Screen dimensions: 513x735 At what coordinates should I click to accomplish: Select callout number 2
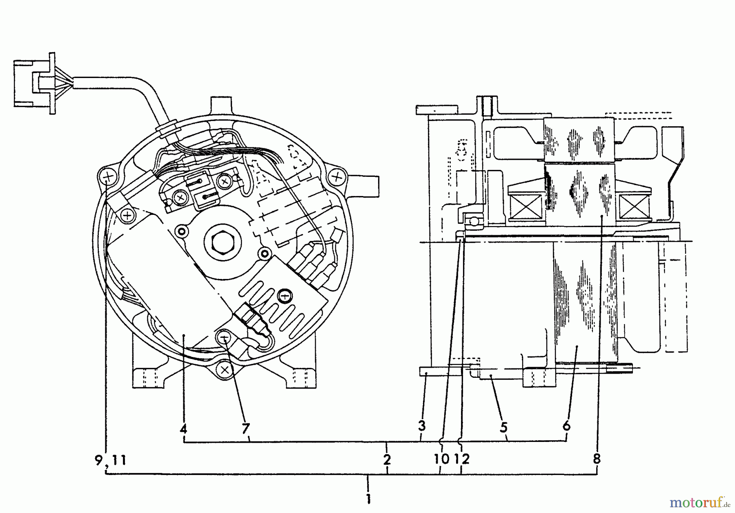387,459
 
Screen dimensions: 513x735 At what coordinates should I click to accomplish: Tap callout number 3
422,426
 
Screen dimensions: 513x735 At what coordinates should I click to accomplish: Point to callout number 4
183,429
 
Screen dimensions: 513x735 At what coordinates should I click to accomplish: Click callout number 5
503,427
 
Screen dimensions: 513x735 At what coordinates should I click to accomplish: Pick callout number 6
566,426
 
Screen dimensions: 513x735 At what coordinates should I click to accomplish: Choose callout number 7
245,429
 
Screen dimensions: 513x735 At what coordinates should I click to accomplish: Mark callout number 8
597,459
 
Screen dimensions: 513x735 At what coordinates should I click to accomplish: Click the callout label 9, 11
110,460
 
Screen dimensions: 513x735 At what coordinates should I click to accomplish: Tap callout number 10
441,459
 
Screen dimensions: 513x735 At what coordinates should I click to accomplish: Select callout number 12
462,459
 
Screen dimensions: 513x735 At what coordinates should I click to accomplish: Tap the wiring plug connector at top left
35,84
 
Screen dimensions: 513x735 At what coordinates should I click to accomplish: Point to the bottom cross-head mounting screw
224,370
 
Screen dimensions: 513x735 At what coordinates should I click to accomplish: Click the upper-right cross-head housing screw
336,177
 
